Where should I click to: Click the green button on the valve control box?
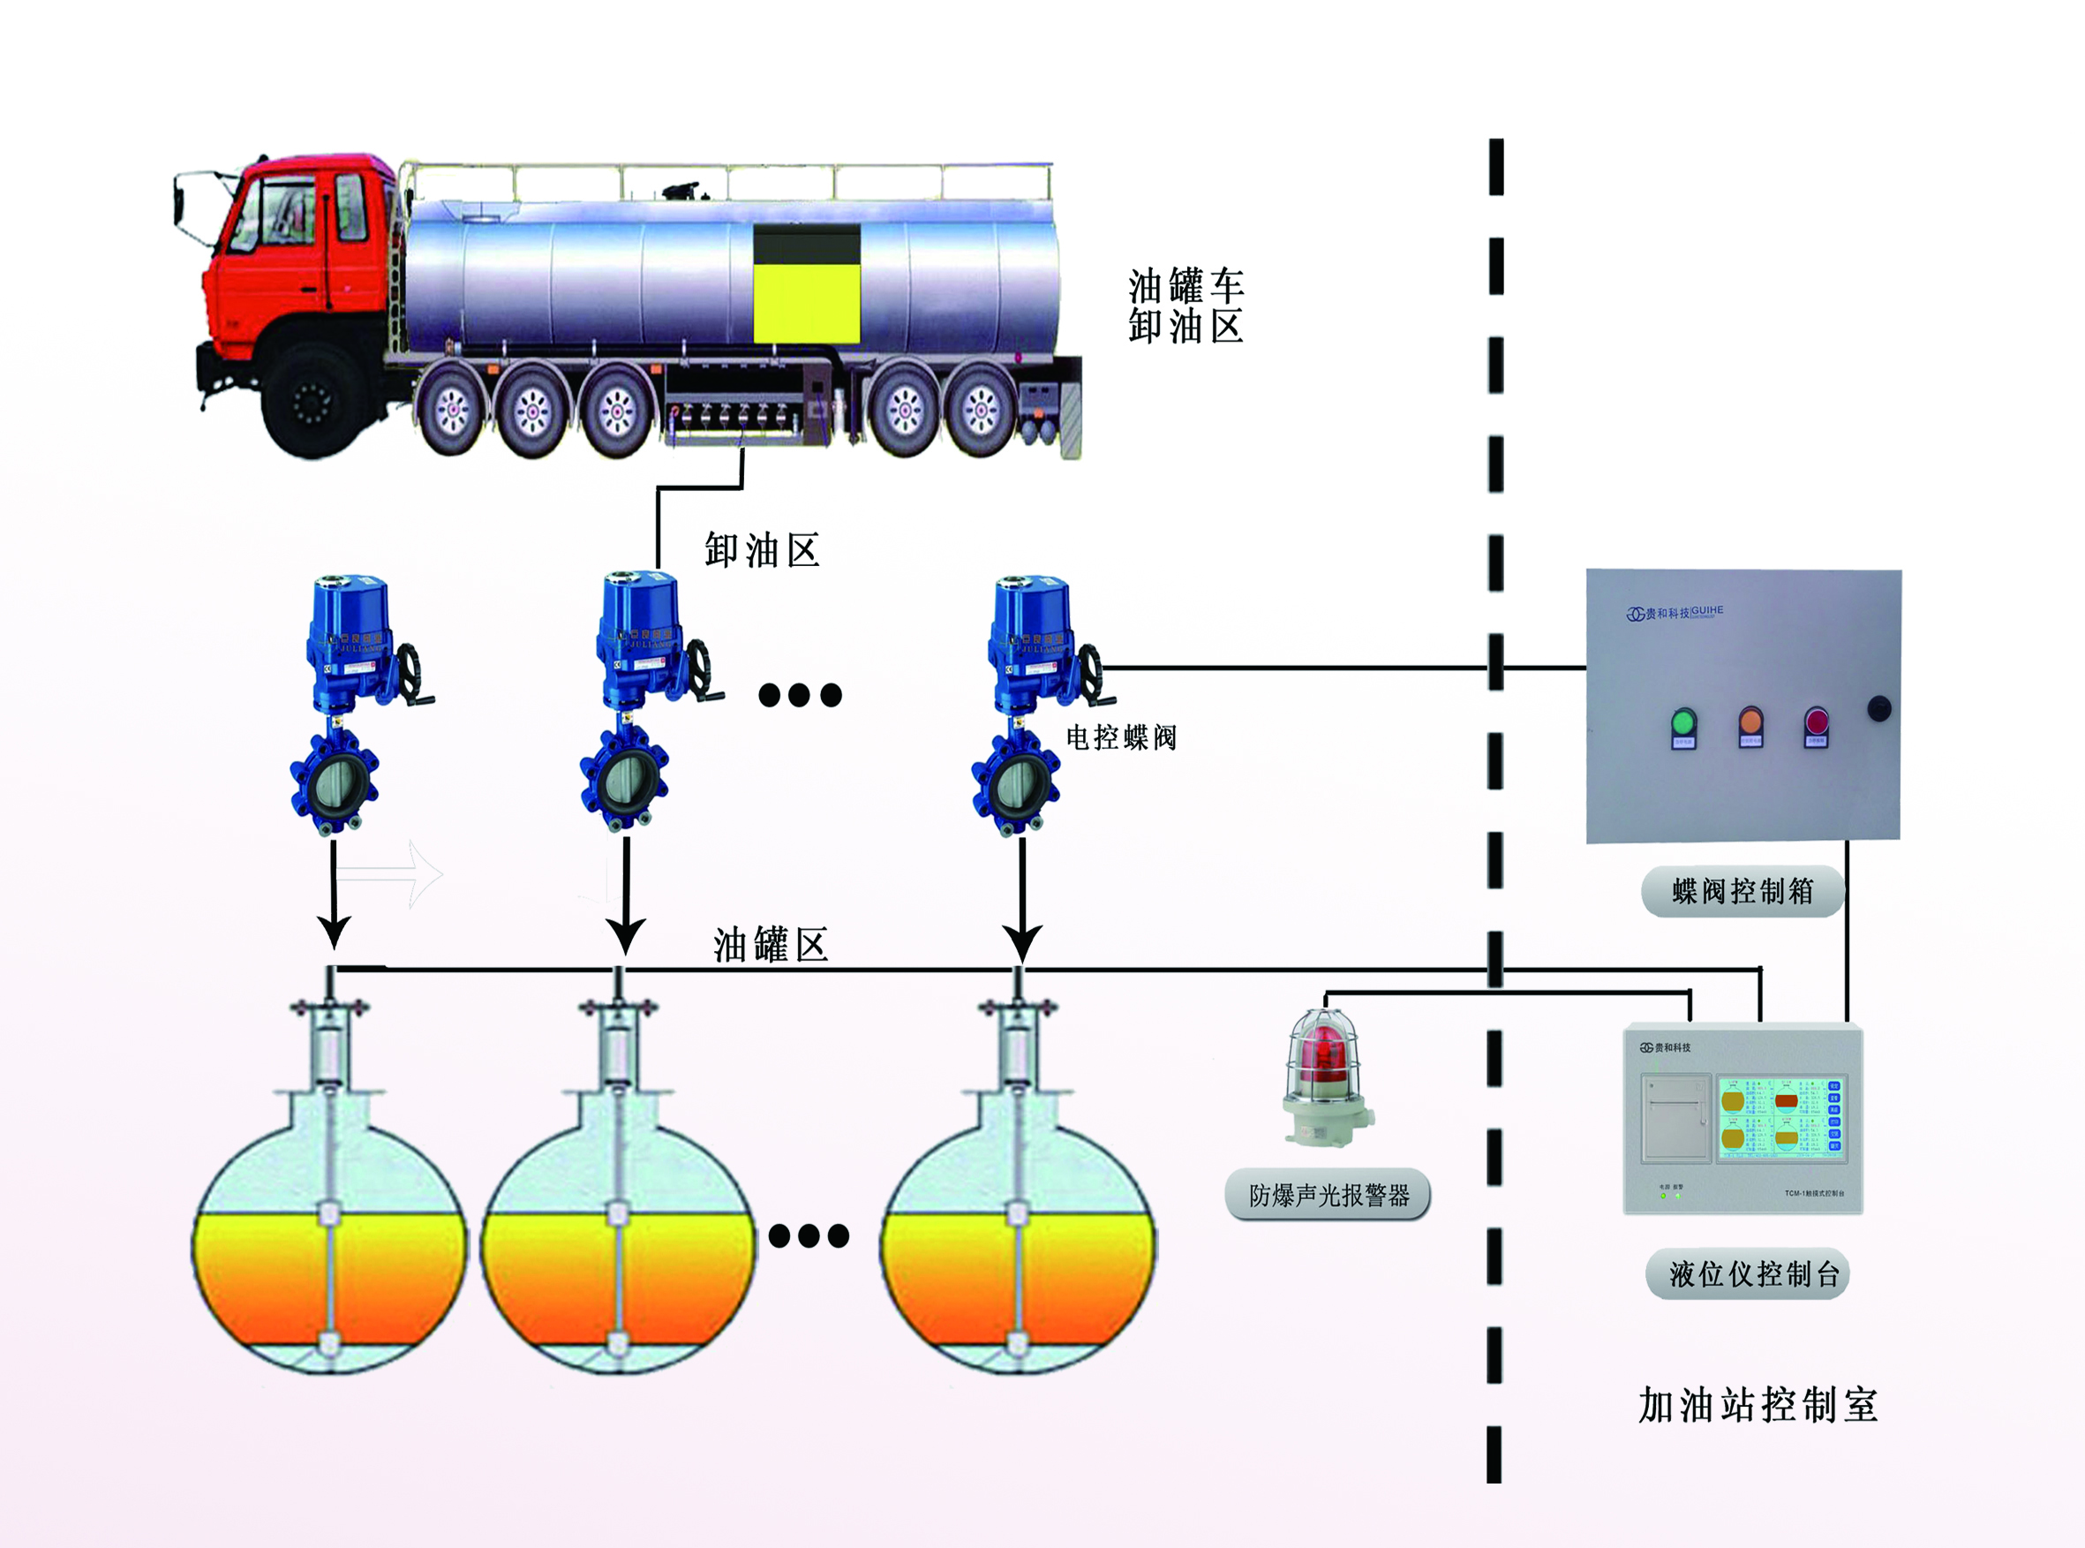point(1683,722)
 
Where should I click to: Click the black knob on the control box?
point(1879,708)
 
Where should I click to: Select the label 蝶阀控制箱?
point(1743,891)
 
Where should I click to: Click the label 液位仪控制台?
point(1747,1273)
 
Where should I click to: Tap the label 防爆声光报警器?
point(1328,1195)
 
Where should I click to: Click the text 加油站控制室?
point(1758,1406)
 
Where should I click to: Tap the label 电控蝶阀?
point(1121,737)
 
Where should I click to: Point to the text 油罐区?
point(770,945)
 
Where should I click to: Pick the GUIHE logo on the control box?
point(1674,613)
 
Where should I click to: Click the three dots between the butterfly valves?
point(800,694)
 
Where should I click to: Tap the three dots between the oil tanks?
point(809,1236)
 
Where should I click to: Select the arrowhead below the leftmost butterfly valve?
point(334,932)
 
